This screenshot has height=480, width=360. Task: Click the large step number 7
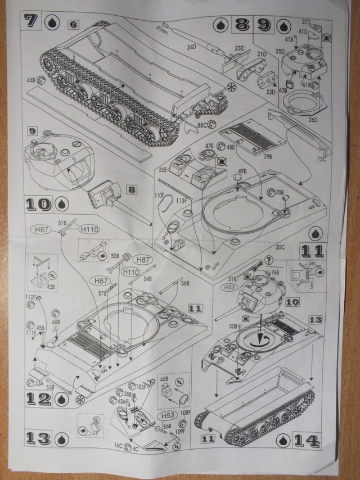(31, 22)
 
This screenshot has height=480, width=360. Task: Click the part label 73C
(321, 159)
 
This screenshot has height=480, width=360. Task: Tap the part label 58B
(186, 283)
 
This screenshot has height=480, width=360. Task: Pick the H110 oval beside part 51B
(89, 229)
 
